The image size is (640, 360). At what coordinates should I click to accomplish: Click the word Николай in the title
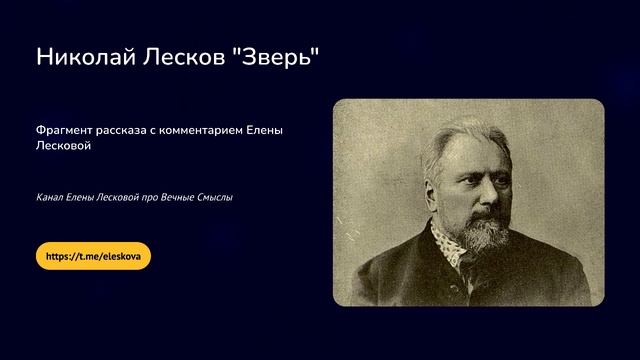click(x=83, y=58)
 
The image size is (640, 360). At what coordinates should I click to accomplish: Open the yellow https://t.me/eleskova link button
click(x=93, y=256)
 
